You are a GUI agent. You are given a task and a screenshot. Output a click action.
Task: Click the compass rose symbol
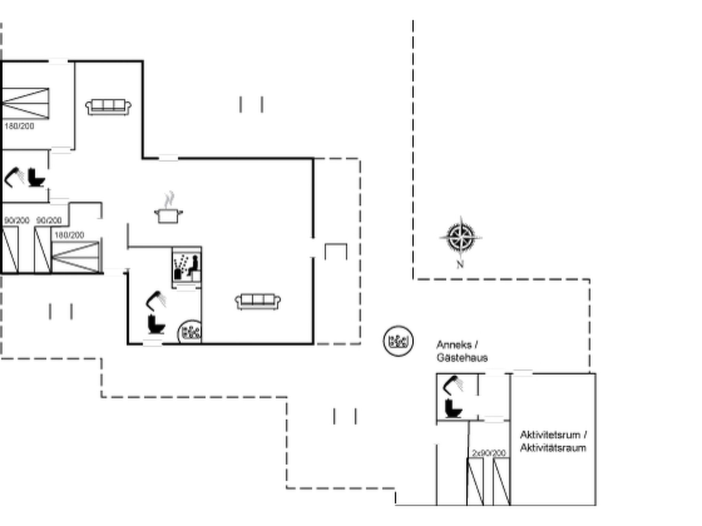(x=461, y=237)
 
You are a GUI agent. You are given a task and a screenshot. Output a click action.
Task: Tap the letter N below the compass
(x=460, y=264)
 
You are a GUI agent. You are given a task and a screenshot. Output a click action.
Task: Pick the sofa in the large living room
(x=258, y=301)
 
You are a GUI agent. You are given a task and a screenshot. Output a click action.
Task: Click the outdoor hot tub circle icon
(x=398, y=341)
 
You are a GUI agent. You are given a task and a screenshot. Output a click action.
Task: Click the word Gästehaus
(x=462, y=358)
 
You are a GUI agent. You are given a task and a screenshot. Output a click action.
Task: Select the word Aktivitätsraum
(x=553, y=448)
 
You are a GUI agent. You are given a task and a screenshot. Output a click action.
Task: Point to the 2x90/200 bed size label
(x=489, y=453)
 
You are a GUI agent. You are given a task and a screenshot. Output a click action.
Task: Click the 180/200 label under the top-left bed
(x=19, y=126)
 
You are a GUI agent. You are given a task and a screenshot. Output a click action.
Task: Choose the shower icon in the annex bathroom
(x=453, y=385)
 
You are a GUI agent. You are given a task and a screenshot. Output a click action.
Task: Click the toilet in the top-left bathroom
(x=36, y=177)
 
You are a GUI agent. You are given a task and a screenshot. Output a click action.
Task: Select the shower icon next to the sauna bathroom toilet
(x=156, y=300)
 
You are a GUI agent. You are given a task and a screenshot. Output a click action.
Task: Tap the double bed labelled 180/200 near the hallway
(x=75, y=257)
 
